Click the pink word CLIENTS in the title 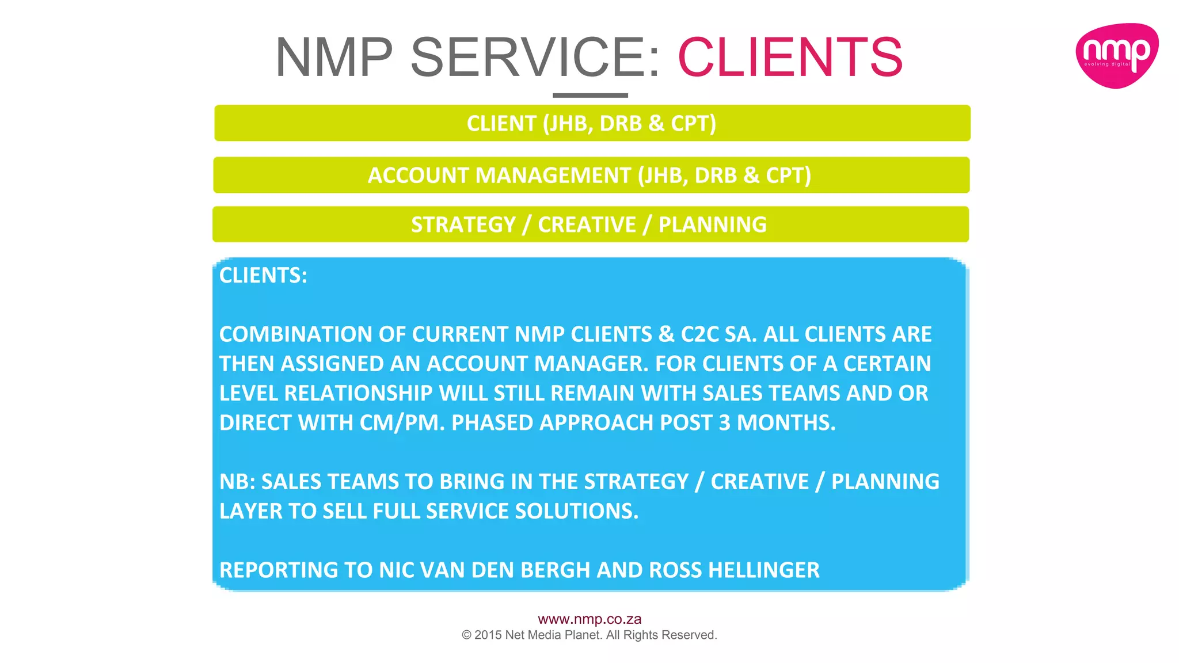click(x=790, y=57)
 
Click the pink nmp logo click(x=1116, y=56)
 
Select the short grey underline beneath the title click(x=590, y=96)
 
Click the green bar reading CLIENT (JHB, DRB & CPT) click(x=592, y=123)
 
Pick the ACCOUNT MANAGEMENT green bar click(x=591, y=175)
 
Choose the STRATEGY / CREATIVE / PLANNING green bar click(x=589, y=224)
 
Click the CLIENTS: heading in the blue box click(x=263, y=276)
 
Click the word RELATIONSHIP click(x=358, y=394)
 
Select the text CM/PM click(x=402, y=423)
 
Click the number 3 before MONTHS click(x=724, y=423)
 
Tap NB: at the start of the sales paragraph click(x=237, y=482)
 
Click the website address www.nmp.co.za click(x=589, y=619)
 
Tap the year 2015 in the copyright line click(x=488, y=635)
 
